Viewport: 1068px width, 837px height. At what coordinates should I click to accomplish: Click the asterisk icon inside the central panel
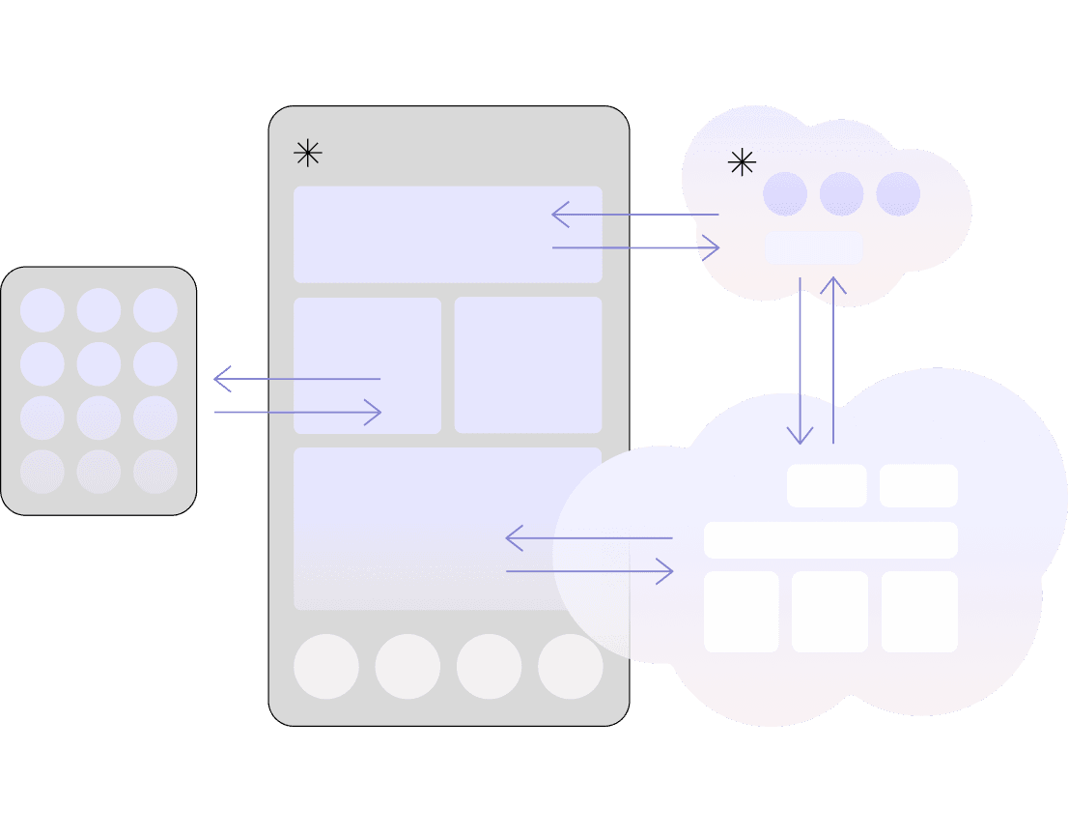(x=307, y=153)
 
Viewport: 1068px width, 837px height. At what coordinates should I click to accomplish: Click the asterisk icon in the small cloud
(x=742, y=162)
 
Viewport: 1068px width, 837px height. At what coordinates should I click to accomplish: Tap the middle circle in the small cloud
(x=841, y=194)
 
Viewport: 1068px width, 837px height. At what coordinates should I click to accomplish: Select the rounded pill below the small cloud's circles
(x=813, y=247)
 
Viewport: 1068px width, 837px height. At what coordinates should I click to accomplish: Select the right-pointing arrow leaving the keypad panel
(x=297, y=413)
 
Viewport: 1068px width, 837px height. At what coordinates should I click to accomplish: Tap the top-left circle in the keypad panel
(x=42, y=310)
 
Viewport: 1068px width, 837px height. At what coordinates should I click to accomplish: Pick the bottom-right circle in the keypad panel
(x=155, y=472)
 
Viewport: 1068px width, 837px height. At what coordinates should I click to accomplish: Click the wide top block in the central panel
(x=447, y=234)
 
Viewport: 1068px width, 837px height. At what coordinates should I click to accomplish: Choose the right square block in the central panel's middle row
(x=528, y=365)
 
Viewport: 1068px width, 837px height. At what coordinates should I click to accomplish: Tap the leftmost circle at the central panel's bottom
(x=326, y=667)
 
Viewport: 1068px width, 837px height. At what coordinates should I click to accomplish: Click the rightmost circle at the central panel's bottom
(x=570, y=667)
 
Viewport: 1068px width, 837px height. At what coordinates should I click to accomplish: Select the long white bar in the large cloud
(x=830, y=540)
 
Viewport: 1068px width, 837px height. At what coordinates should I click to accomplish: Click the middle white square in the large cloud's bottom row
(x=829, y=612)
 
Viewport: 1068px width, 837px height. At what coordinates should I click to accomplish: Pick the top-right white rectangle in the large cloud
(x=918, y=485)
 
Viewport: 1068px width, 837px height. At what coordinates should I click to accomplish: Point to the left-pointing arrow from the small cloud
(x=634, y=215)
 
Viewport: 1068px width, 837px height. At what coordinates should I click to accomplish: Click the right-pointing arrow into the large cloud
(x=590, y=571)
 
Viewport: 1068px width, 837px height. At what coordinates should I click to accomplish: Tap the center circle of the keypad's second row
(x=98, y=364)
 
